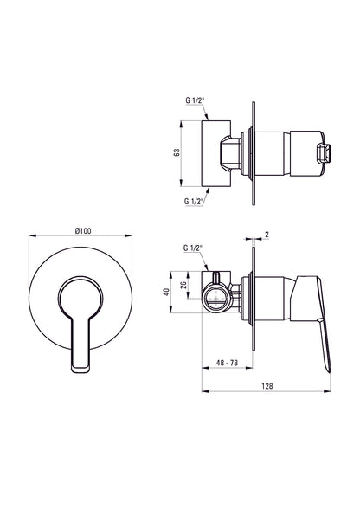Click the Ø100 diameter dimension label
(83, 231)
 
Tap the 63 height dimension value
(177, 152)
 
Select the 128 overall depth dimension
(267, 386)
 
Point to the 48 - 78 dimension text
(228, 363)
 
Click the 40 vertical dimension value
(167, 292)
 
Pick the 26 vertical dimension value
(183, 285)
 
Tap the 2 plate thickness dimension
(267, 235)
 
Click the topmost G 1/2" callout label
(195, 100)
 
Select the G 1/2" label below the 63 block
(194, 201)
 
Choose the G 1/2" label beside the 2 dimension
(193, 248)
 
